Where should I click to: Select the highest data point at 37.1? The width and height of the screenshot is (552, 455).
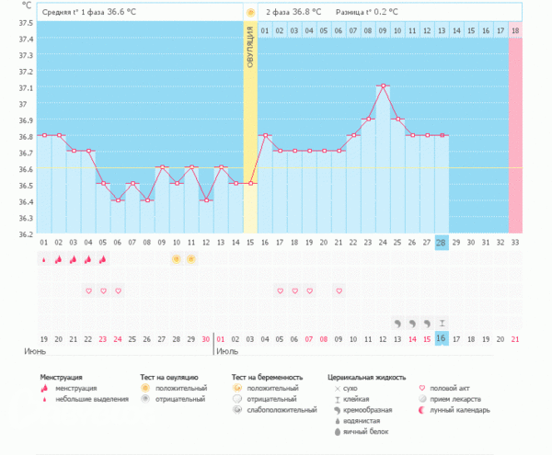coord(383,85)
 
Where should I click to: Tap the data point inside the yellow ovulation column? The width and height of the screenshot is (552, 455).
coord(250,183)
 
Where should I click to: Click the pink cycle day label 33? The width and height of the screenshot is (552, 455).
coord(515,244)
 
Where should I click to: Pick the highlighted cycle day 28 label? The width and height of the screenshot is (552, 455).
coord(442,244)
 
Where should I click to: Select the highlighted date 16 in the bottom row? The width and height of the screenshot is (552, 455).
coord(442,339)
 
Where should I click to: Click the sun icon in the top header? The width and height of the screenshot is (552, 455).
coord(250,12)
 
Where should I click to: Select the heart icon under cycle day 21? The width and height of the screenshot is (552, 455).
coord(339,290)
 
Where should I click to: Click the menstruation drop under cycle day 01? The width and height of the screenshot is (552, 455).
coord(43,259)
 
